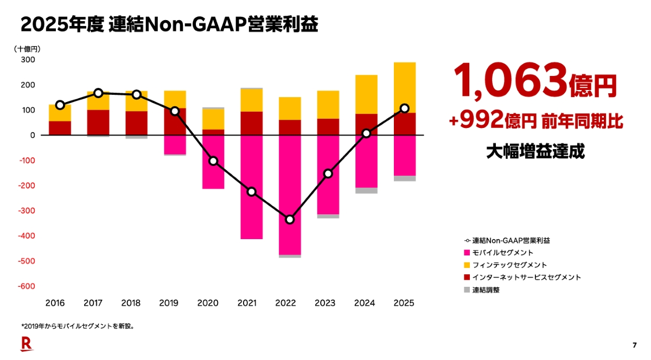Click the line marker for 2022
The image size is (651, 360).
pyautogui.click(x=290, y=220)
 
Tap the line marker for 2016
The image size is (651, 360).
pyautogui.click(x=60, y=105)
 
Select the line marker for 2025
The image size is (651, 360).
pyautogui.click(x=404, y=108)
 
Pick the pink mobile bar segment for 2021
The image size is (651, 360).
pyautogui.click(x=251, y=187)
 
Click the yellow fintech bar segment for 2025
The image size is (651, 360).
pyautogui.click(x=404, y=87)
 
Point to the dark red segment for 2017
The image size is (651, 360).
pyautogui.click(x=98, y=123)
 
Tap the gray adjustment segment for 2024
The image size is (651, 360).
pyautogui.click(x=366, y=190)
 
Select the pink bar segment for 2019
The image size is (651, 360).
pyautogui.click(x=175, y=145)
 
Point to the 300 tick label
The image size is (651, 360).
pyautogui.click(x=28, y=60)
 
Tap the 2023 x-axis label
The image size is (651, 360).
pyautogui.click(x=328, y=303)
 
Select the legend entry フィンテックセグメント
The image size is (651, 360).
pyautogui.click(x=509, y=265)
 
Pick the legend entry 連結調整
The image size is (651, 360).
pyautogui.click(x=486, y=290)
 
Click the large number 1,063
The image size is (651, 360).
pyautogui.click(x=510, y=80)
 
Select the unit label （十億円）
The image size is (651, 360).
pyautogui.click(x=27, y=48)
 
